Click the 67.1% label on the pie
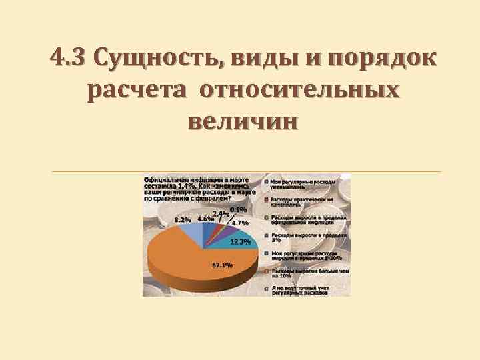pos(222,265)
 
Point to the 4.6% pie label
pos(206,218)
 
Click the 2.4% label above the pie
pos(221,213)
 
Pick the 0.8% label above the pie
pos(238,209)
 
